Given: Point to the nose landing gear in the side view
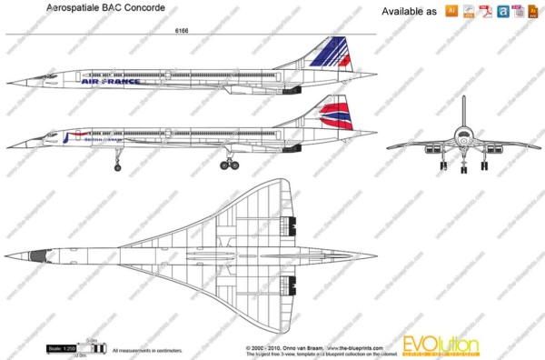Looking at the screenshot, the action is (117, 162).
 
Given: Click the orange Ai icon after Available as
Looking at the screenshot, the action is (451, 11).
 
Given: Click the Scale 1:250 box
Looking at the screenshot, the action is (61, 348).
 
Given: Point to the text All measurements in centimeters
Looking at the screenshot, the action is (146, 348).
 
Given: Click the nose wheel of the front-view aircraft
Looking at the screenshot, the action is (464, 165).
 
